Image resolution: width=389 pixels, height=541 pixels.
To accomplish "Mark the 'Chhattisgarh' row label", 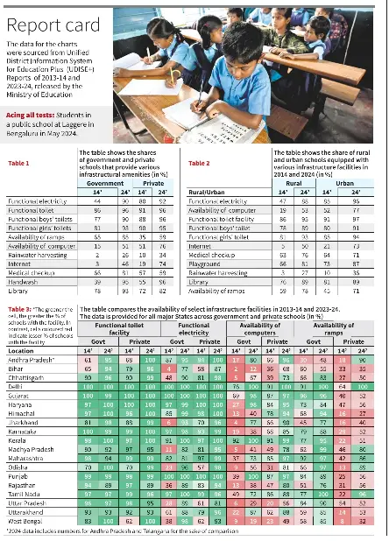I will (28, 375).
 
